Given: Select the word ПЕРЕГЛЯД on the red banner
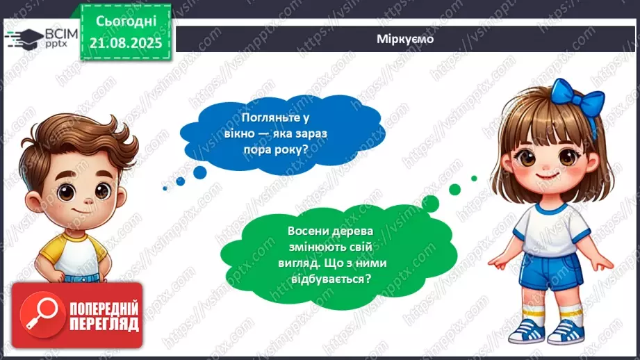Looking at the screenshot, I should (x=104, y=325).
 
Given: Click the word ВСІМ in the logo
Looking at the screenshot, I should (x=54, y=33).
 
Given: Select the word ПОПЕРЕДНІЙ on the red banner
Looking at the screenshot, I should (x=104, y=309).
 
